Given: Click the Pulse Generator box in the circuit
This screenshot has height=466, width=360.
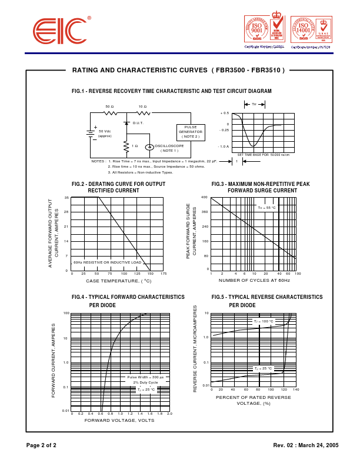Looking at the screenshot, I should pos(191,132).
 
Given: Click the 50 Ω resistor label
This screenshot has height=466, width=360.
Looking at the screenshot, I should pos(109,106).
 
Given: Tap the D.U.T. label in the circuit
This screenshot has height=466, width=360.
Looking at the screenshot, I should pos(138,123).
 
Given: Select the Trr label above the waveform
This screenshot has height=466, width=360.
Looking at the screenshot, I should pos(254,104).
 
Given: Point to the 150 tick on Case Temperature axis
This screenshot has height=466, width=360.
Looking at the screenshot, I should pos(150,274).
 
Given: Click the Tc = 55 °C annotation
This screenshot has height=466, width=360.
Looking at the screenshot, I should pos(266,208).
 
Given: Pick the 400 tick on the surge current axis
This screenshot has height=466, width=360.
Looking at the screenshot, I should pos(205,197).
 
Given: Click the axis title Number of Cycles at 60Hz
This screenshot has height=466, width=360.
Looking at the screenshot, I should pos(254,281).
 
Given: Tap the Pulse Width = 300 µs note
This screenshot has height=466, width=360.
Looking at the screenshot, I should pos(145,377).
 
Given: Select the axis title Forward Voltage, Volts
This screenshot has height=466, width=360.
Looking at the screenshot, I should pos(119,420).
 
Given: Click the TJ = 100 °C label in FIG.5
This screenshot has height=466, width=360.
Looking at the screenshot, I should pos(263,321).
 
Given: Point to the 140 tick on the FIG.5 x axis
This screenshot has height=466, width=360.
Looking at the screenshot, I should pos(296,390).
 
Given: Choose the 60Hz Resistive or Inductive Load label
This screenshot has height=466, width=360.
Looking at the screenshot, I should pos(108,262).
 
